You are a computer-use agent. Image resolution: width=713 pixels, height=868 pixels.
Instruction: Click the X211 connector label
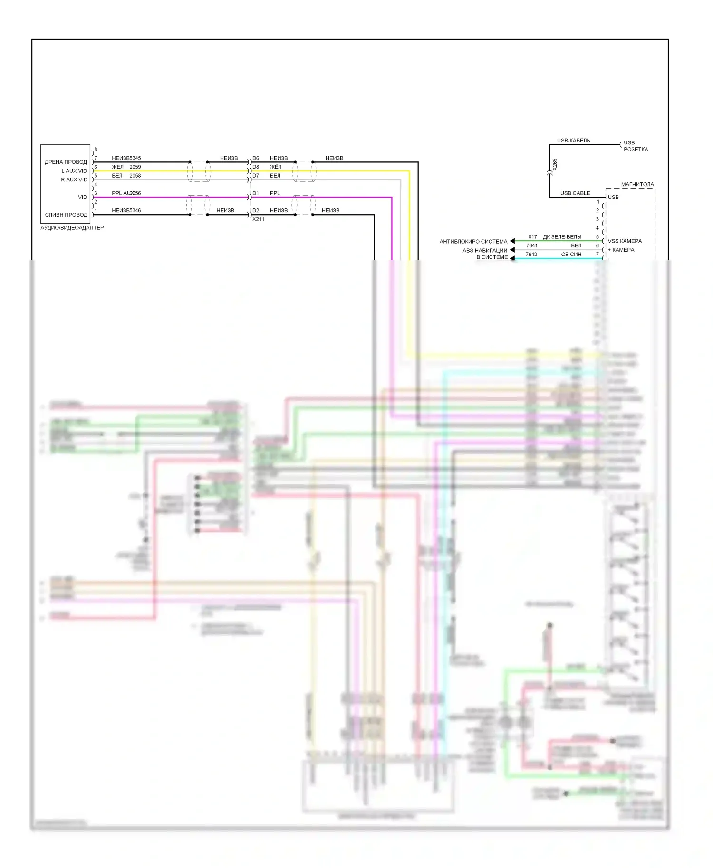pyautogui.click(x=258, y=219)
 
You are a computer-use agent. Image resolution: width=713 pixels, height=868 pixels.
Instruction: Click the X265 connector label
pyautogui.click(x=555, y=164)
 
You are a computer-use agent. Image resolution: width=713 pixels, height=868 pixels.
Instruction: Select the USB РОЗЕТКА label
pyautogui.click(x=636, y=146)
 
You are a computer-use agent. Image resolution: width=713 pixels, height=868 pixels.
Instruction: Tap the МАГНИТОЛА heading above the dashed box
pyautogui.click(x=637, y=184)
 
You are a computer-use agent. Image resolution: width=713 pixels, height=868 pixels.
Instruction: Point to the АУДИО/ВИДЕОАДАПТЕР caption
pyautogui.click(x=72, y=228)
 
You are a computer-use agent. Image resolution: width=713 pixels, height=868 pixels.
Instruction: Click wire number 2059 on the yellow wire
pyautogui.click(x=135, y=167)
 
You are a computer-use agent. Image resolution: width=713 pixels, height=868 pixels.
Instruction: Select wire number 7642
pyautogui.click(x=531, y=255)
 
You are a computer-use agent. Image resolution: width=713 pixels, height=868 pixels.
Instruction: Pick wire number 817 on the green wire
pyautogui.click(x=532, y=237)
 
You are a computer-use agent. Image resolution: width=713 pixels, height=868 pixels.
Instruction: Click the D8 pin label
pyautogui.click(x=256, y=167)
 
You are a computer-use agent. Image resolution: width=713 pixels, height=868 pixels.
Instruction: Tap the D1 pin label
pyautogui.click(x=256, y=193)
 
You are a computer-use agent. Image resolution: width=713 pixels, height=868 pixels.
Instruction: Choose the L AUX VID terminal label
pyautogui.click(x=74, y=171)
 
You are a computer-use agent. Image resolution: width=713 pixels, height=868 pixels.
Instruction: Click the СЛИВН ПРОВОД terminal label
pyautogui.click(x=66, y=215)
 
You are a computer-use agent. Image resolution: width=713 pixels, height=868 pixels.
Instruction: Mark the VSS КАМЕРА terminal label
pyautogui.click(x=625, y=241)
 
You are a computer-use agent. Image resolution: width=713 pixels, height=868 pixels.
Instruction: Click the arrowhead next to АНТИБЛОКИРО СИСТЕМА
pyautogui.click(x=512, y=241)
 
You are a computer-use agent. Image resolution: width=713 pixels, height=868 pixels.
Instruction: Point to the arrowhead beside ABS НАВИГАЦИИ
pyautogui.click(x=512, y=250)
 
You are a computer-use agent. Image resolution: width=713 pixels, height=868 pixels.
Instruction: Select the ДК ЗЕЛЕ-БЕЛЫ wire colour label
pyautogui.click(x=562, y=237)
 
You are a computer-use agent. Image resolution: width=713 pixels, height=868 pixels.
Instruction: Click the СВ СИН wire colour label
pyautogui.click(x=571, y=255)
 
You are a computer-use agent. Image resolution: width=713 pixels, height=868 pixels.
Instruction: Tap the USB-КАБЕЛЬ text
pyautogui.click(x=573, y=141)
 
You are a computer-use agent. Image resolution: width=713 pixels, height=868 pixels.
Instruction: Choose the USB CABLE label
pyautogui.click(x=575, y=193)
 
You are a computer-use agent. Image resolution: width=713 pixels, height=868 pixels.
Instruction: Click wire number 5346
pyautogui.click(x=135, y=211)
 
